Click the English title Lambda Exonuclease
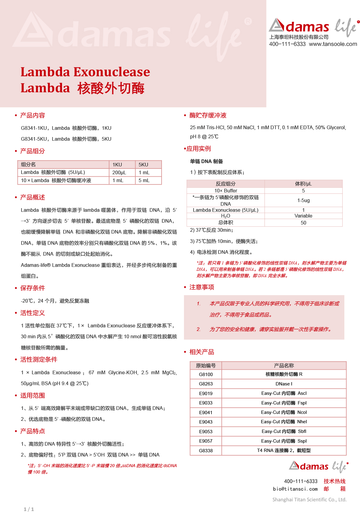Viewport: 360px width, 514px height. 85,72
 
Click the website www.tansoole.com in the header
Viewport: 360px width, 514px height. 333,44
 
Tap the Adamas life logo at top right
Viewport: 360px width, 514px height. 314,27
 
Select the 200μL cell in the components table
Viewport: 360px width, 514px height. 119,172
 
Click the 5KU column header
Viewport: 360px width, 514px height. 143,165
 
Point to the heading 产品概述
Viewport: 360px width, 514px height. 32,198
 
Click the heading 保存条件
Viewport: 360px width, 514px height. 32,288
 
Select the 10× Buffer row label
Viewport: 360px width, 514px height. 226,191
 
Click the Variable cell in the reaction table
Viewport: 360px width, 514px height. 303,216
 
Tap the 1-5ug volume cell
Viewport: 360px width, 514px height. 303,200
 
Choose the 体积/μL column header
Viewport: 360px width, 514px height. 303,184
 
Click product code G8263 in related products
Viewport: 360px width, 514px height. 206,384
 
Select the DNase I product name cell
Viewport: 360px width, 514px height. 284,384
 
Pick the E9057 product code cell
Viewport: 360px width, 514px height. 206,441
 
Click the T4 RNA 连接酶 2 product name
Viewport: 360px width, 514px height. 284,450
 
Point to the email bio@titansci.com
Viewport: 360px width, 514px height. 295,489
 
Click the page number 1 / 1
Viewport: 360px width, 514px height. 29,509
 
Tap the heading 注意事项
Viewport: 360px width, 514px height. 201,287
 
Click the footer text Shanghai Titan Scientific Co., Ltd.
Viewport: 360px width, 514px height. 309,500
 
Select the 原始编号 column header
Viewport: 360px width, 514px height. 206,366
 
